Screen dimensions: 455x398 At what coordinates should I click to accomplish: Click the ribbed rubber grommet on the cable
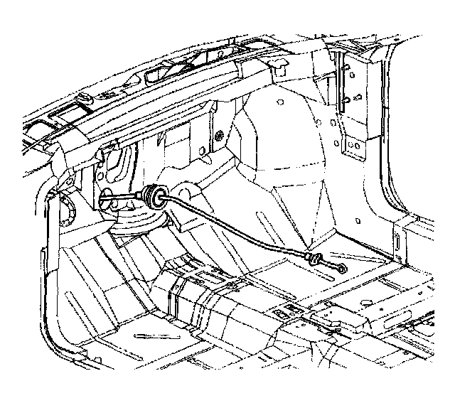click(x=151, y=196)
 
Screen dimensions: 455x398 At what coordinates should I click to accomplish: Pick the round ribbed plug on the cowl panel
click(x=218, y=134)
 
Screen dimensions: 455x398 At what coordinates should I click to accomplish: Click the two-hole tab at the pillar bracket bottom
click(x=352, y=146)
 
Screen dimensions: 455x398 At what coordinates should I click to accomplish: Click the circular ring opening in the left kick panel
click(x=69, y=211)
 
